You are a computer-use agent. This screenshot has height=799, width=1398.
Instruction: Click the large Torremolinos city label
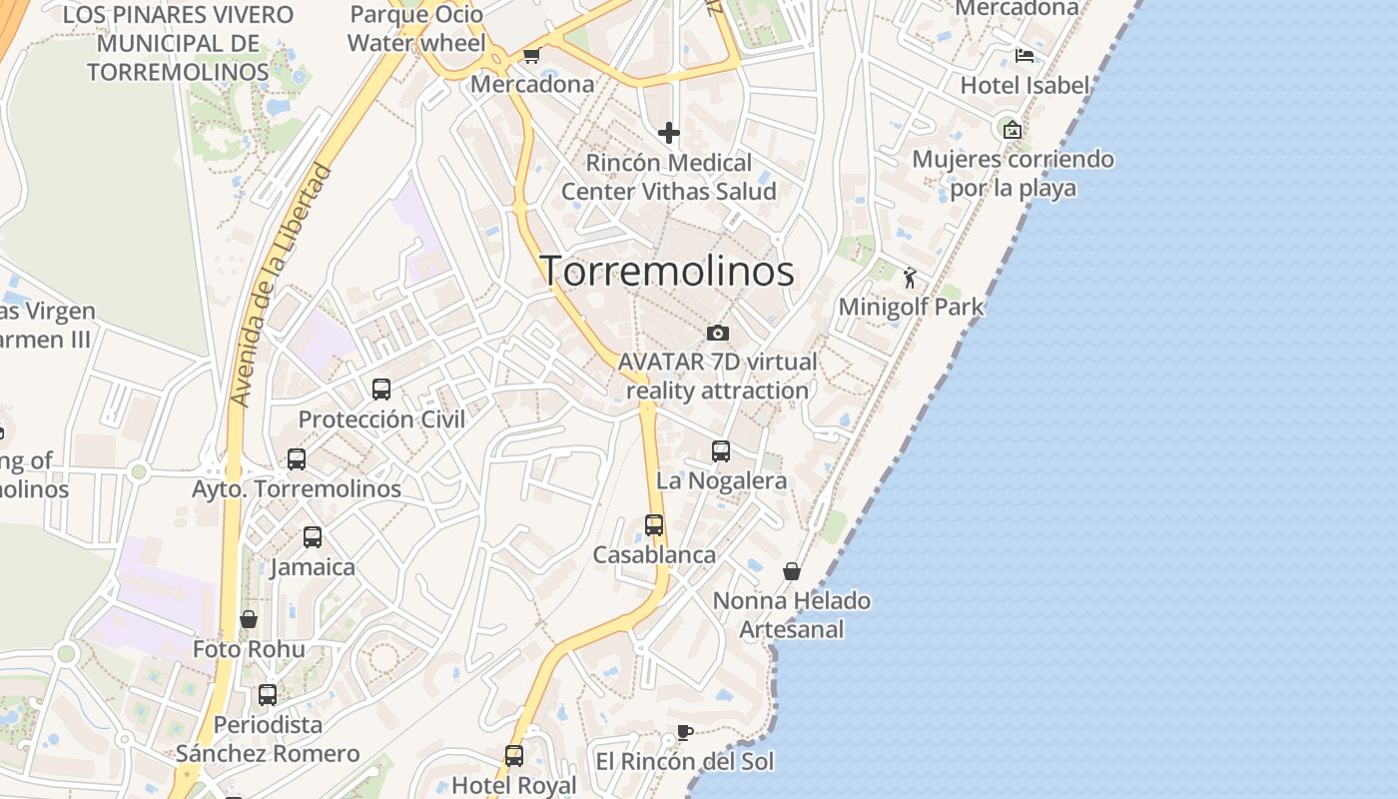667,271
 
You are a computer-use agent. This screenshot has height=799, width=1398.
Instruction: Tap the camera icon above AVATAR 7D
717,333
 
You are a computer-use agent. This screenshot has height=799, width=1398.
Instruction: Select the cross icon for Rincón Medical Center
669,133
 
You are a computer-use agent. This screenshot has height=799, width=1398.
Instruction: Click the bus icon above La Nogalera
721,451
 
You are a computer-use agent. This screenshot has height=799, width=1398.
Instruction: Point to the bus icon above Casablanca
654,525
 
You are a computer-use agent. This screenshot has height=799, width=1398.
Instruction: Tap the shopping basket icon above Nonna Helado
792,571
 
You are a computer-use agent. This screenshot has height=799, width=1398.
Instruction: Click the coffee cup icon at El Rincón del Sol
685,732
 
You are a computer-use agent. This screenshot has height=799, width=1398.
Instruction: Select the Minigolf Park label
911,307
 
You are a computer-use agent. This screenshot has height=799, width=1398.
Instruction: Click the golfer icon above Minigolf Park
910,278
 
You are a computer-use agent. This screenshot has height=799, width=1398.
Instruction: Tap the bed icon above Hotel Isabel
1024,56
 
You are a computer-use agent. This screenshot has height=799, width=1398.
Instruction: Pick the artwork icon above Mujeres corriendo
1013,130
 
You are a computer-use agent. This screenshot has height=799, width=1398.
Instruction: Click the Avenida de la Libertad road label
280,285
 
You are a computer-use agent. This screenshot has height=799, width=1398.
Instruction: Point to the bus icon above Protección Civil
381,390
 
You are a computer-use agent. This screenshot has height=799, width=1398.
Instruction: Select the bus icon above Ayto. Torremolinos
297,459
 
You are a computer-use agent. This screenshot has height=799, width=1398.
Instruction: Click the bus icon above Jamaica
313,537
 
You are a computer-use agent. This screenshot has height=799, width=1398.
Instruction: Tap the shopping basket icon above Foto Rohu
249,619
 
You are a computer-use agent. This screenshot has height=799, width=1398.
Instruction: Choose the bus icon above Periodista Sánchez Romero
268,695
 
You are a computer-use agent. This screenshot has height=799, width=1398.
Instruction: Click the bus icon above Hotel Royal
514,756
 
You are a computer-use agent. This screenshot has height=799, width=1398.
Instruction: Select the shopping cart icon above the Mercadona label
531,56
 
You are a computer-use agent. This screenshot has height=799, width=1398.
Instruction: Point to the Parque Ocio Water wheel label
416,29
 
